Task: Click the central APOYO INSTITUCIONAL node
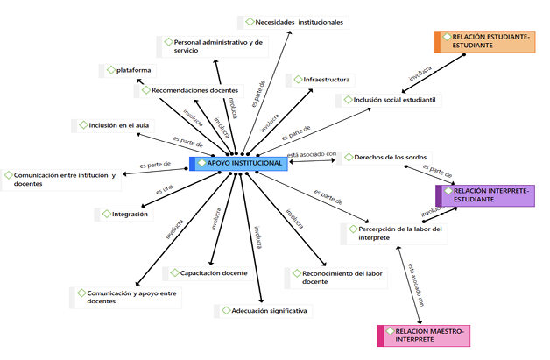coord(238,163)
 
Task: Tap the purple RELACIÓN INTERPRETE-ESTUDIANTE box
coord(484,194)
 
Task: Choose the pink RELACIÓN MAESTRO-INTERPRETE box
coord(423,336)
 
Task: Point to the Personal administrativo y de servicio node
coord(207,46)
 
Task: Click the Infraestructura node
coord(320,80)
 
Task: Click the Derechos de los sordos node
coord(384,158)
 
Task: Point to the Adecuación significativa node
coord(264,310)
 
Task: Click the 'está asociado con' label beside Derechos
coord(312,154)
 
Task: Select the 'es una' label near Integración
coord(164,190)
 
